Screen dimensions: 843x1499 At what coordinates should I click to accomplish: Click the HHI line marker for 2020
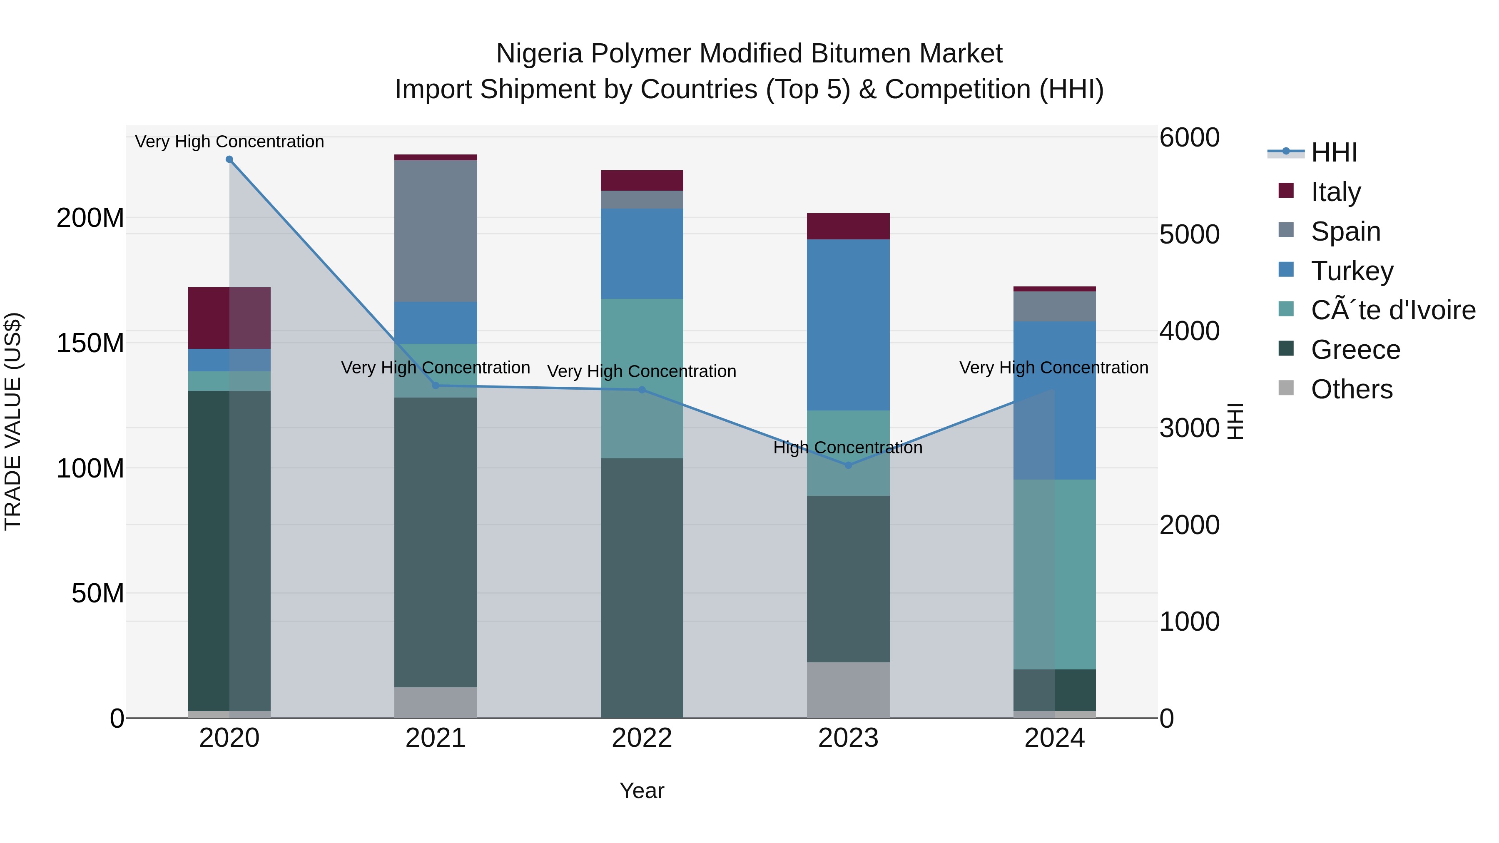(x=229, y=159)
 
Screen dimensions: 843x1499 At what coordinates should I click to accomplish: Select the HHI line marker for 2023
(x=848, y=465)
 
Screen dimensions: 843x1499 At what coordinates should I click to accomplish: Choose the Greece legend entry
(x=1355, y=350)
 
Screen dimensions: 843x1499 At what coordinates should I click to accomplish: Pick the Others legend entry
(x=1351, y=389)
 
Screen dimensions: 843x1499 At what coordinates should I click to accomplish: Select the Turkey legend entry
(x=1352, y=271)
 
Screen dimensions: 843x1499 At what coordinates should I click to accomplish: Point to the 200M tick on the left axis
(x=90, y=218)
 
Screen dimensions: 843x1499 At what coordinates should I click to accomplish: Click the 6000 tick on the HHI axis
(x=1189, y=138)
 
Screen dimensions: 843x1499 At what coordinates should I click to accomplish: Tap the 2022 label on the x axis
(x=642, y=738)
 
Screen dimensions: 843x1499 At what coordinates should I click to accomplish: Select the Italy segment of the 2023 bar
(x=848, y=226)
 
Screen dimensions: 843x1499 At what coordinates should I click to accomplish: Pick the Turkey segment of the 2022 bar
(x=642, y=254)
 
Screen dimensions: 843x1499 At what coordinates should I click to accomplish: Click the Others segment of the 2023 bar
(x=848, y=690)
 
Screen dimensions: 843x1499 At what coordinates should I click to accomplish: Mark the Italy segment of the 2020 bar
(x=229, y=318)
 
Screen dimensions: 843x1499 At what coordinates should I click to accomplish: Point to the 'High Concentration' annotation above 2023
(x=848, y=448)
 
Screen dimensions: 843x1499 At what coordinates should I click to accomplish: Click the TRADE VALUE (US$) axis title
(x=13, y=422)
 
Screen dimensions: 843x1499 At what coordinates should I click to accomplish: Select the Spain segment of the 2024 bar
(x=1054, y=306)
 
